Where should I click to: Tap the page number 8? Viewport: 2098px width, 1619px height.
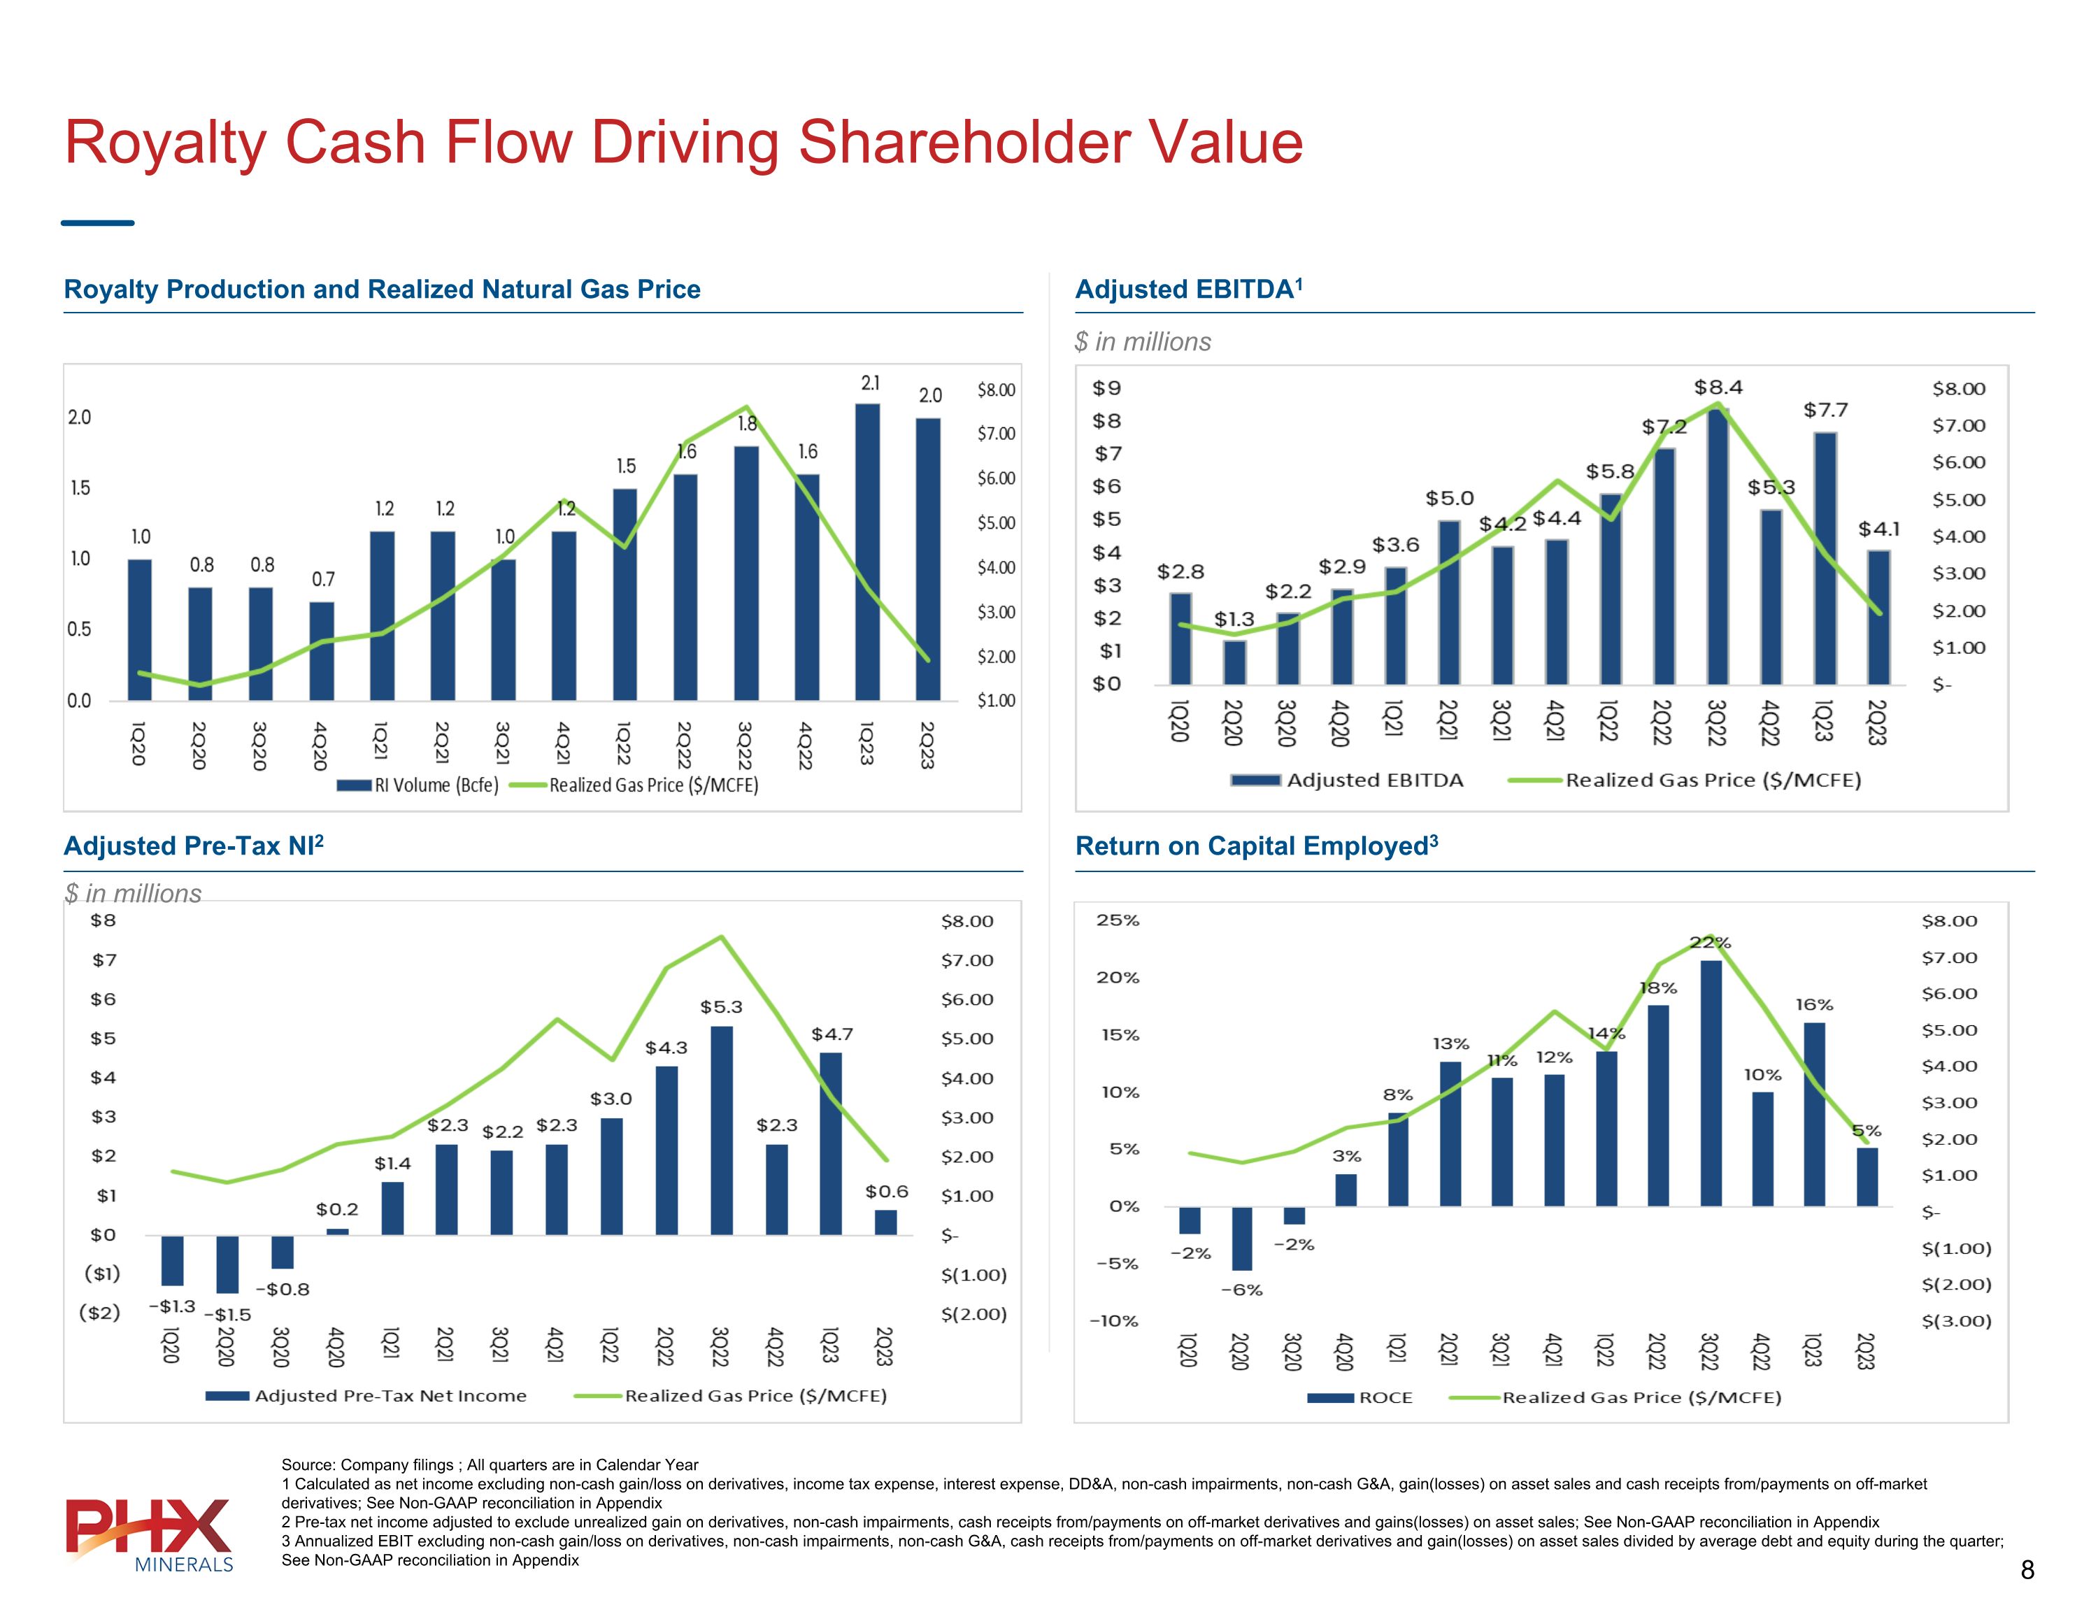click(2027, 1570)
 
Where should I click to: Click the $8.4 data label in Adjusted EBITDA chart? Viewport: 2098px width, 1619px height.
click(1718, 387)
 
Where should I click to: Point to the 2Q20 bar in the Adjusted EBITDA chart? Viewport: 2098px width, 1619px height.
click(1234, 662)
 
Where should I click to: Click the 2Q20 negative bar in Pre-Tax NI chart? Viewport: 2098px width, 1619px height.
click(228, 1264)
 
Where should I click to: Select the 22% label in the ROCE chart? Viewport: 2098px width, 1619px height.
click(1710, 943)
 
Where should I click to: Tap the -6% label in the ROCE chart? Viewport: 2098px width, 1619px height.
click(1241, 1290)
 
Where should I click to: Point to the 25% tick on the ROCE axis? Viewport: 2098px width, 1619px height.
click(1118, 920)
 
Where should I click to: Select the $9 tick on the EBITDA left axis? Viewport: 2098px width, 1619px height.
click(1106, 388)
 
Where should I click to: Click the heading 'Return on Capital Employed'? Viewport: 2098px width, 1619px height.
click(1255, 846)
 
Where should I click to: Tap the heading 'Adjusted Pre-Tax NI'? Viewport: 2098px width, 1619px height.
click(193, 846)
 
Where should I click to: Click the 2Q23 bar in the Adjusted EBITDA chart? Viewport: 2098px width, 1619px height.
click(1879, 617)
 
